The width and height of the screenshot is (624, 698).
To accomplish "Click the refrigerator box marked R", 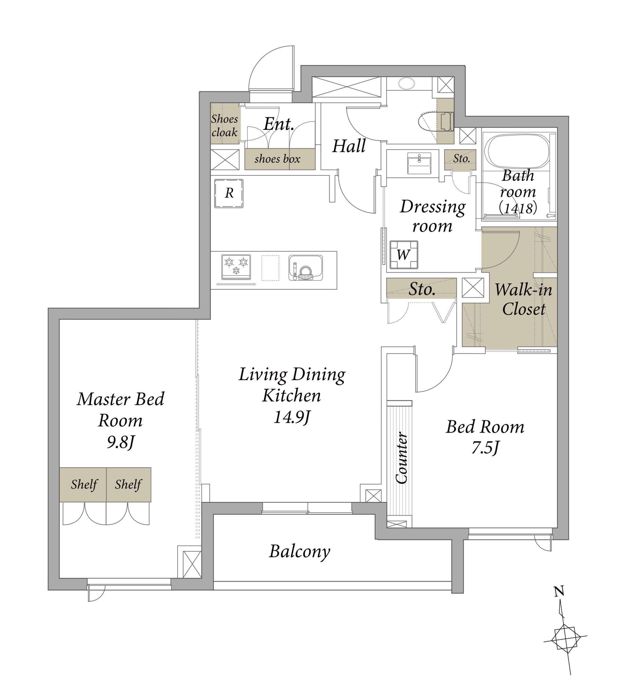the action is pos(229,194).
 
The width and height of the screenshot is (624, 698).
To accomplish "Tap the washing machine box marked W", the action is pos(404,255).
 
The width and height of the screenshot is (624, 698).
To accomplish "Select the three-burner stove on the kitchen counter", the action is pos(236,267).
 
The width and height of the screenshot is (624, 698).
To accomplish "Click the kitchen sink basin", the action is pos(306,268).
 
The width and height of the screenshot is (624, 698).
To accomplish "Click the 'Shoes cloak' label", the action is pos(225,126).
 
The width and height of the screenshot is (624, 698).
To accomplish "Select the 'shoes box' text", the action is pos(277,159).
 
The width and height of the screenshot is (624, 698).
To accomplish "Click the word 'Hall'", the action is pos(349,146).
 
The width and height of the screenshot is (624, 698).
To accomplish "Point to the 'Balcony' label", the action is pos(299,552).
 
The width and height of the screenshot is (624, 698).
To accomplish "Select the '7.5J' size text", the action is pos(485,447).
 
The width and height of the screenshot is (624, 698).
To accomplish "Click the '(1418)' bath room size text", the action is pos(518,208).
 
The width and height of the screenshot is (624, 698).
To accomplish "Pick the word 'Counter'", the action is pos(401,458).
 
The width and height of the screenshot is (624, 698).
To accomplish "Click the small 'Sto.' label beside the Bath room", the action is pos(461,158).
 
